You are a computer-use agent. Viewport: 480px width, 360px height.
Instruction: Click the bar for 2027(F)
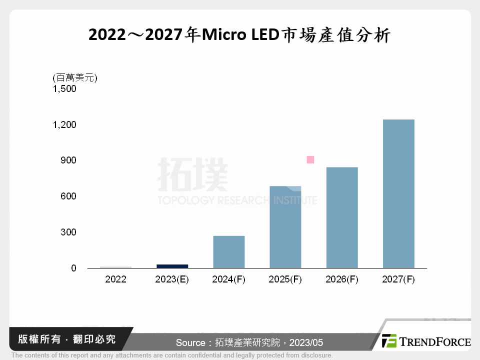398,193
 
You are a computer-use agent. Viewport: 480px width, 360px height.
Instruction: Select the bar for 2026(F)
342,217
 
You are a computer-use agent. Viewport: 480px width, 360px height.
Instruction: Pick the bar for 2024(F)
229,251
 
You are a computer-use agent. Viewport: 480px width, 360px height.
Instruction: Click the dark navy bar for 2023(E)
172,266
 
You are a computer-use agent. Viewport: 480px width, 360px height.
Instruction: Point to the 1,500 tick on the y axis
64,89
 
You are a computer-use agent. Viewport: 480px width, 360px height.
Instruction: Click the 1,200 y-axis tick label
64,124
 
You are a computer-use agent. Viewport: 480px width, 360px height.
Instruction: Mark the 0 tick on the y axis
73,268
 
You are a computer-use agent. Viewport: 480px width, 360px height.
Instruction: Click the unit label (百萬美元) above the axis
74,77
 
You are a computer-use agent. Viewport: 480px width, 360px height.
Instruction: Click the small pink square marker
310,159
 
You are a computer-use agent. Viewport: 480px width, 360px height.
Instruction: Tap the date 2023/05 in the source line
306,342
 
